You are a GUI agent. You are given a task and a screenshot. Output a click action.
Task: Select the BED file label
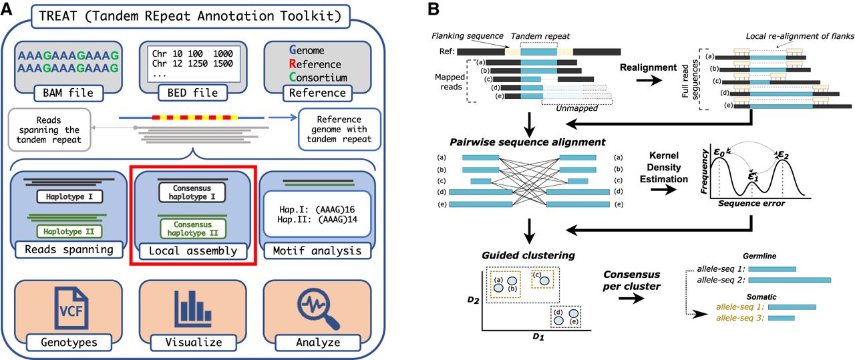click(x=188, y=93)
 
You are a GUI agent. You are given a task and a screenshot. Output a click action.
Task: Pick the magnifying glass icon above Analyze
click(x=316, y=305)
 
